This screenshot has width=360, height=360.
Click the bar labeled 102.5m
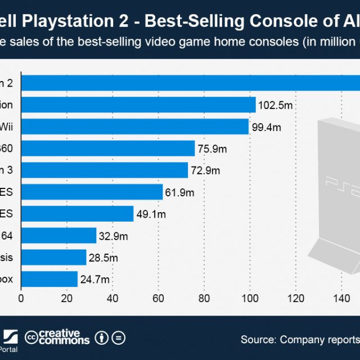pyautogui.click(x=138, y=105)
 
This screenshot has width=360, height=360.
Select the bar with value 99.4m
pyautogui.click(x=134, y=127)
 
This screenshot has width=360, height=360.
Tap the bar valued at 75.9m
pyautogui.click(x=107, y=148)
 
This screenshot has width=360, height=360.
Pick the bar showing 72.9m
pyautogui.click(x=104, y=170)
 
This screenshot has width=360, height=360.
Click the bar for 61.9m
pyautogui.click(x=92, y=192)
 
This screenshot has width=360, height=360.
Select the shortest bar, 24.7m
pyautogui.click(x=49, y=278)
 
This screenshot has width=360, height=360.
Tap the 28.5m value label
pyautogui.click(x=103, y=257)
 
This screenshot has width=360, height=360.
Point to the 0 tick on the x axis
pyautogui.click(x=21, y=299)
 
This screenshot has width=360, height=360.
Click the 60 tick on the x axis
pyautogui.click(x=158, y=299)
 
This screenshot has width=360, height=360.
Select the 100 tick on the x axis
pyautogui.click(x=249, y=299)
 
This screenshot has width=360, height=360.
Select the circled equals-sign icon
pyautogui.click(x=118, y=337)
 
